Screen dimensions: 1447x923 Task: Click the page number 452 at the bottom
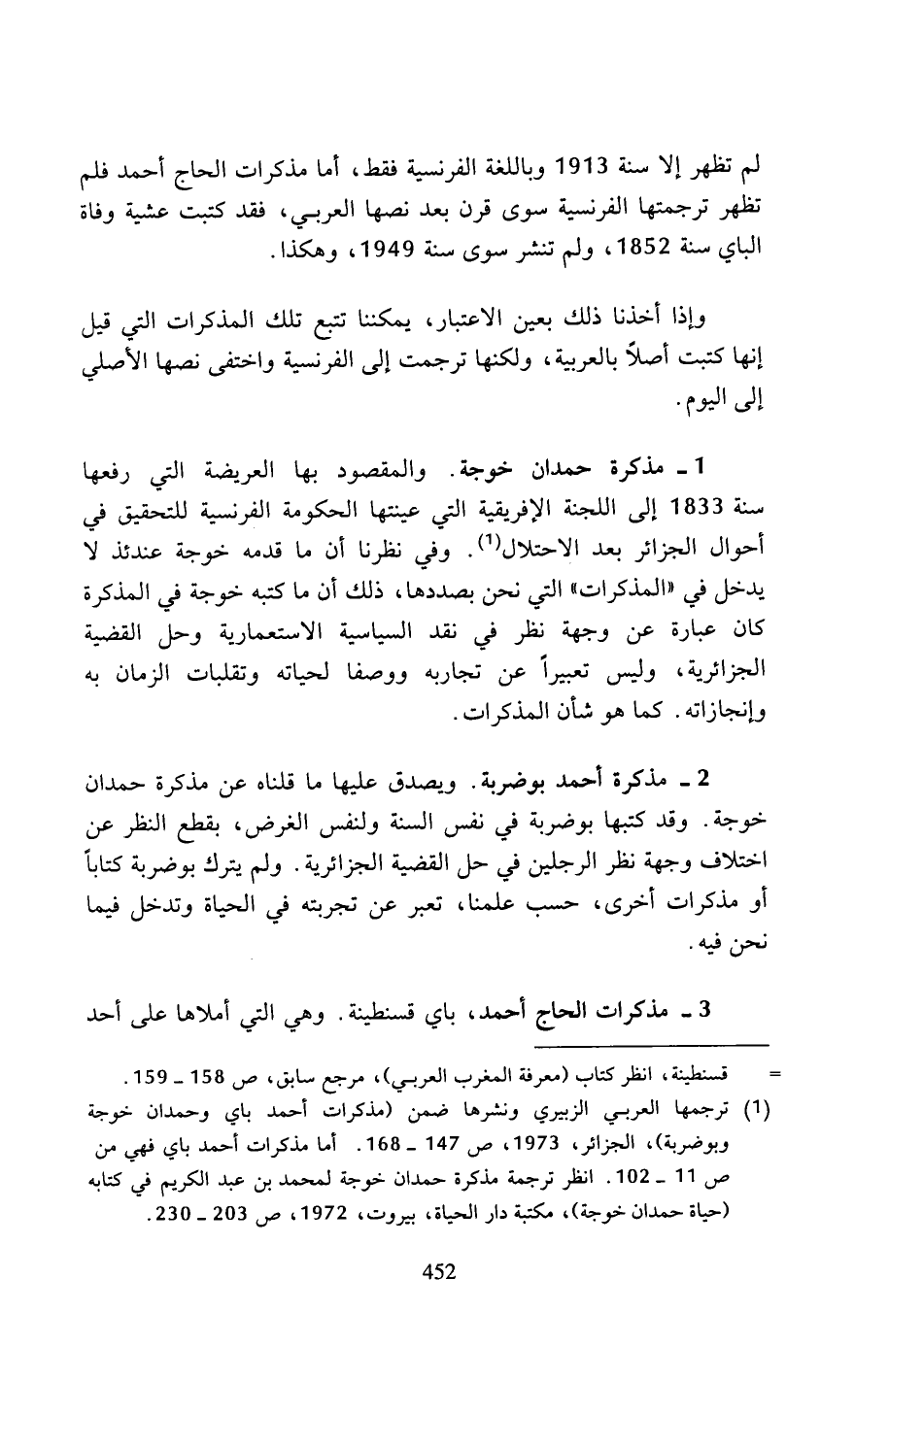click(461, 1271)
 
